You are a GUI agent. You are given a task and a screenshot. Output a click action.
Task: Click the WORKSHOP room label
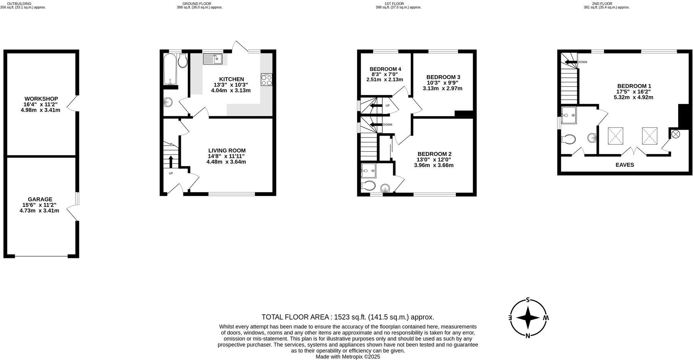pos(41,99)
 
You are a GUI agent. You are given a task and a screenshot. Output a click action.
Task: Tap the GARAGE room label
pos(40,199)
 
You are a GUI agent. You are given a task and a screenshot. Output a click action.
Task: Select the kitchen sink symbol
pos(212,59)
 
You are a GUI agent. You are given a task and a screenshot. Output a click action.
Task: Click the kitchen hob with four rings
pos(266,80)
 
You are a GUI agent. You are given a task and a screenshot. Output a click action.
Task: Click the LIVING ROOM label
pos(227,151)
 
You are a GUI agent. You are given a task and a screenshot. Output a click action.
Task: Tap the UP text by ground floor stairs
pos(171,173)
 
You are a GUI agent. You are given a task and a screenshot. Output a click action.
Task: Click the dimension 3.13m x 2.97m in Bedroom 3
pos(443,88)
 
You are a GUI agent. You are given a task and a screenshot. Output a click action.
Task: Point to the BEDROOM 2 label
pos(434,154)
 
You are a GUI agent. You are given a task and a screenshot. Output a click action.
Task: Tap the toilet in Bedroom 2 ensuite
pos(369,186)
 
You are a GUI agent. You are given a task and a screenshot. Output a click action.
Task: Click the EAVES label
pos(625,165)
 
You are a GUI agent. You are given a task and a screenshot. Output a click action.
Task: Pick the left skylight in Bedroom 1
pos(615,136)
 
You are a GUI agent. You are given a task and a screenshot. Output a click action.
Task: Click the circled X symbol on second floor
pos(676,134)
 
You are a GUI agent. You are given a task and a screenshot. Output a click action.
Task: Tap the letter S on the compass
pos(528,300)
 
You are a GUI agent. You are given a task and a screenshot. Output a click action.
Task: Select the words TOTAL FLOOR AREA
pos(295,317)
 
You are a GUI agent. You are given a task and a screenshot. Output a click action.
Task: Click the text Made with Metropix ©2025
pos(348,357)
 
